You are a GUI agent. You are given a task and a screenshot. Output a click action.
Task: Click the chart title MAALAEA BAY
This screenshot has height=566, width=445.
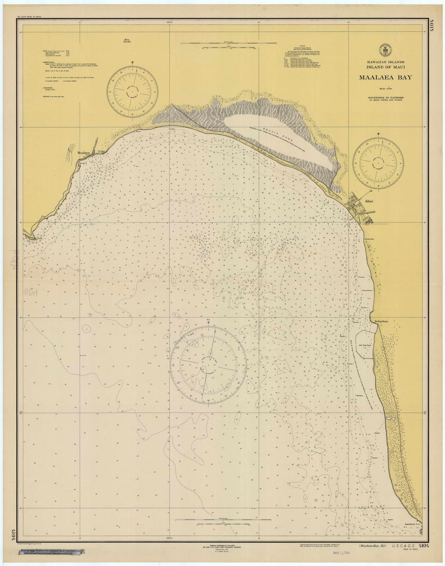[382, 77]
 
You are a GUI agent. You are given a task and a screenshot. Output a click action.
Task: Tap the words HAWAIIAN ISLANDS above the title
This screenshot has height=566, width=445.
[382, 62]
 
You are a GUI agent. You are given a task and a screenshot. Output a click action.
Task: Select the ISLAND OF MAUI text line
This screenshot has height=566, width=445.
[382, 67]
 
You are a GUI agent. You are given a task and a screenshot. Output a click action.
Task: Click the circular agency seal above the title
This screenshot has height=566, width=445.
[382, 50]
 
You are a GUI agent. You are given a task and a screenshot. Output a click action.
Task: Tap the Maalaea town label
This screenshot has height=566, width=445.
[84, 153]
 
